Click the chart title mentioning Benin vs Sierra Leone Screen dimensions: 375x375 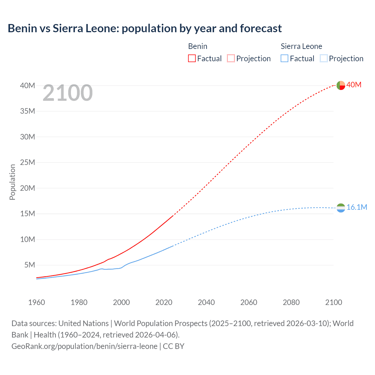click(x=145, y=28)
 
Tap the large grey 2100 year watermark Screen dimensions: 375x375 click(x=68, y=93)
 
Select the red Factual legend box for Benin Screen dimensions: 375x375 click(x=192, y=59)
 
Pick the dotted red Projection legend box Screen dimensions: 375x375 click(x=231, y=59)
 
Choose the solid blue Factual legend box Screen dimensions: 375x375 click(x=284, y=59)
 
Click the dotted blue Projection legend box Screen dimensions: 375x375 click(x=323, y=59)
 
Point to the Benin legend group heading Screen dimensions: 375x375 click(x=198, y=46)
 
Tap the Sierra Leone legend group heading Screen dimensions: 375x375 click(x=301, y=46)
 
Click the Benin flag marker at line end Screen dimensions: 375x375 click(x=341, y=85)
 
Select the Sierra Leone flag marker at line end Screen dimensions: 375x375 click(x=341, y=208)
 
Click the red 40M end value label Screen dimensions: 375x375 click(x=354, y=85)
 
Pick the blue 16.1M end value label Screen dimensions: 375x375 click(x=357, y=207)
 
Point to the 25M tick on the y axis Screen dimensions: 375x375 click(x=28, y=162)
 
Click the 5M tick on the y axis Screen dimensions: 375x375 click(x=30, y=265)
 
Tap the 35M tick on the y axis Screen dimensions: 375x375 click(x=28, y=111)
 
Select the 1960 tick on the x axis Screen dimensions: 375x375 click(x=37, y=302)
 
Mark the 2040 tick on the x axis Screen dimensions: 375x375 click(x=206, y=302)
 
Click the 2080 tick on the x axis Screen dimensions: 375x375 click(x=291, y=302)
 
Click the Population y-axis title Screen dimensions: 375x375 click(x=12, y=182)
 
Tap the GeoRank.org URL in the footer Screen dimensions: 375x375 click(x=84, y=346)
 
